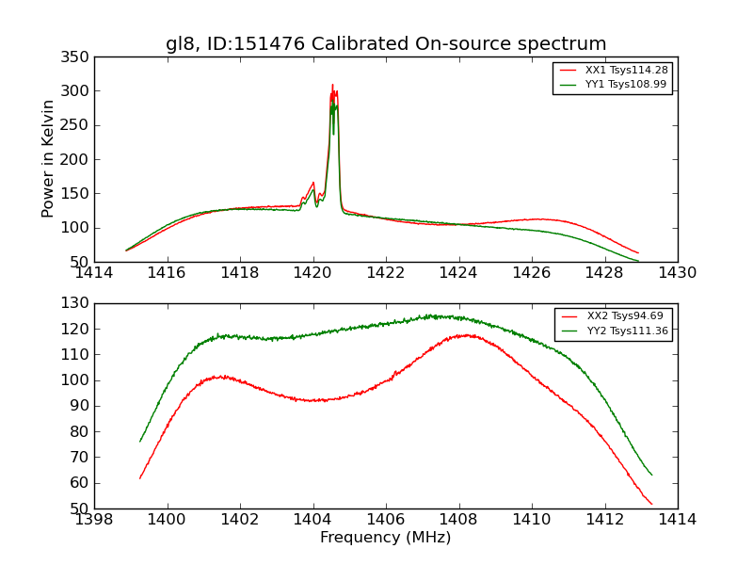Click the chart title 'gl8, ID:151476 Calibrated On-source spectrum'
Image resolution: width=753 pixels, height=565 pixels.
(x=386, y=44)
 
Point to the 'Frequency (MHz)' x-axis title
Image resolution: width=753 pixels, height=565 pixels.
(x=385, y=538)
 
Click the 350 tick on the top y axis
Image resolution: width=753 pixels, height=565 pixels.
(x=77, y=57)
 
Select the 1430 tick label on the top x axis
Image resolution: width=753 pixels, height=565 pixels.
(x=677, y=273)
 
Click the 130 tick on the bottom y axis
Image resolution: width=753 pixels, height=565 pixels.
(x=77, y=303)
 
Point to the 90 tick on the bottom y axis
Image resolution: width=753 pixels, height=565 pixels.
(x=81, y=406)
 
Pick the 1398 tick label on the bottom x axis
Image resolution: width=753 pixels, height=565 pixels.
(x=94, y=520)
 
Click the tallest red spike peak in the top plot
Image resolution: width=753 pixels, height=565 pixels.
(x=332, y=85)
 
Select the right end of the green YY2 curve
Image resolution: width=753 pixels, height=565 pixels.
(x=651, y=475)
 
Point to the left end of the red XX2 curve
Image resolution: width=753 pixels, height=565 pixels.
(x=140, y=478)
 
